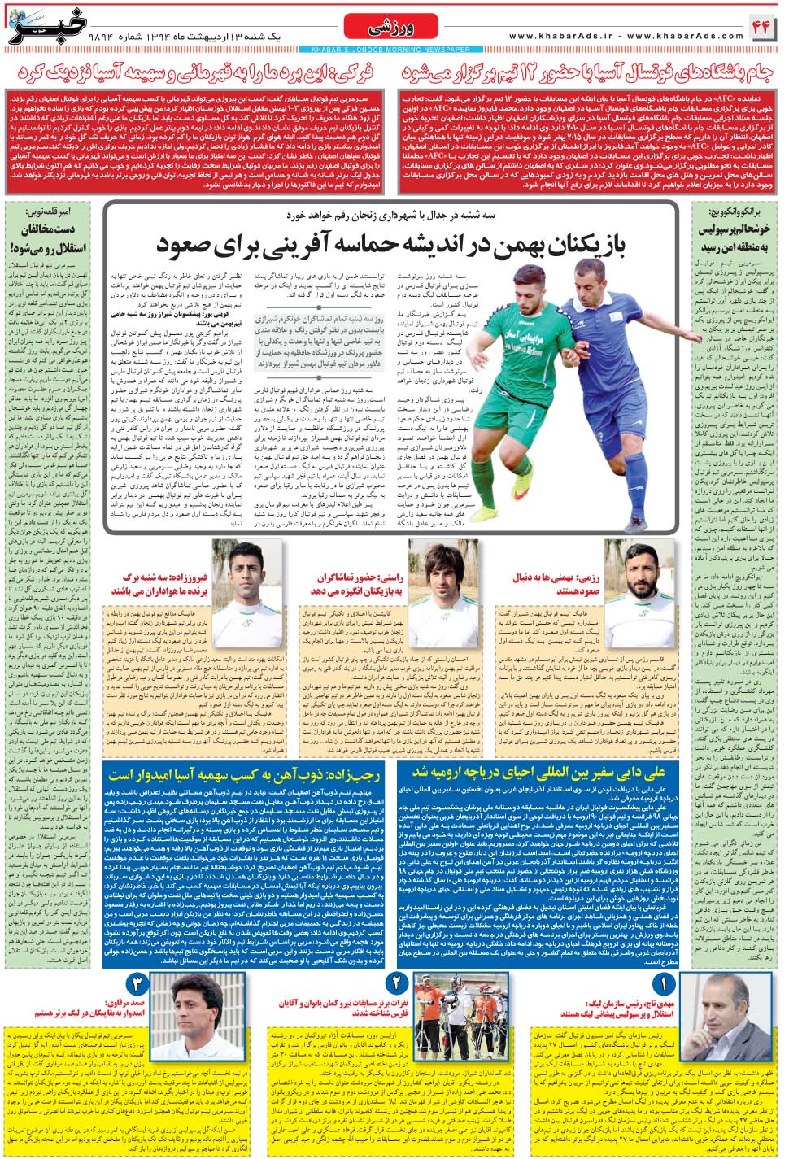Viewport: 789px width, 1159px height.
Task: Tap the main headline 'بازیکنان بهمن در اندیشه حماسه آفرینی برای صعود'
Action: click(390, 243)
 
